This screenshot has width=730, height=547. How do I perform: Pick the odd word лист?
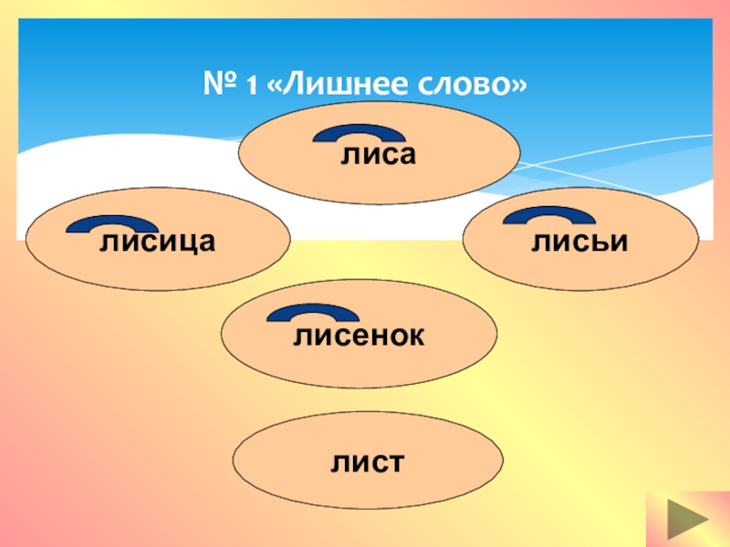click(x=368, y=461)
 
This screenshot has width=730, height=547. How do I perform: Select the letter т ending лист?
click(x=395, y=461)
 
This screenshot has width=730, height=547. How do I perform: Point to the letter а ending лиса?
click(x=406, y=157)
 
